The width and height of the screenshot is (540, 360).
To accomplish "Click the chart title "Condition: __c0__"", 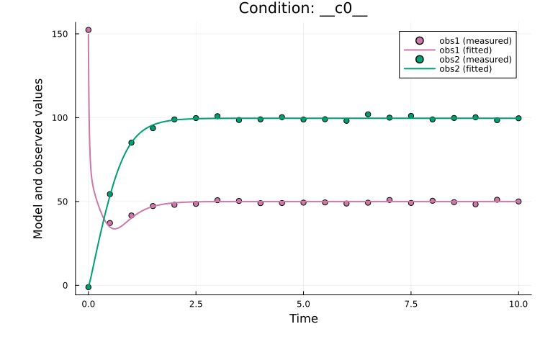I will pyautogui.click(x=303, y=9).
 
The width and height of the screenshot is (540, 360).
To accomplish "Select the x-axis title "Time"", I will pyautogui.click(x=303, y=318).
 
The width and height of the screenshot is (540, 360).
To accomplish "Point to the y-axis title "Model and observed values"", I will pyautogui.click(x=38, y=158).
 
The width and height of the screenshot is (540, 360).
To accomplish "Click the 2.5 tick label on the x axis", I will pyautogui.click(x=196, y=303).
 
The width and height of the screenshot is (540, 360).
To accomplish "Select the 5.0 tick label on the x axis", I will pyautogui.click(x=303, y=303).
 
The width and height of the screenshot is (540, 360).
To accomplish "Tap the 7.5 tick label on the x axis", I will pyautogui.click(x=410, y=303).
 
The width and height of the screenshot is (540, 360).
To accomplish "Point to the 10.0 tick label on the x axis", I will pyautogui.click(x=518, y=303).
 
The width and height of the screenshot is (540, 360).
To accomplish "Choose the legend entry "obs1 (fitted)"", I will pyautogui.click(x=465, y=50).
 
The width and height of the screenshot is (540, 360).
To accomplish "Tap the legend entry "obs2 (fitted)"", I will pyautogui.click(x=465, y=68).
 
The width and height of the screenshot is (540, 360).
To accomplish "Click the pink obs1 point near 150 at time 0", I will pyautogui.click(x=89, y=30).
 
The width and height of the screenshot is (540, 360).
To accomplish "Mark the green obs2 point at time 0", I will pyautogui.click(x=89, y=287).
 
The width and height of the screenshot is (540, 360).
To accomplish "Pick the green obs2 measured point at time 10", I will pyautogui.click(x=518, y=118).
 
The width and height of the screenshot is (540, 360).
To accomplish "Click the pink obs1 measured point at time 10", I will pyautogui.click(x=518, y=202).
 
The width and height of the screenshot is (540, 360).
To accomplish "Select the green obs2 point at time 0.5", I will pyautogui.click(x=109, y=194).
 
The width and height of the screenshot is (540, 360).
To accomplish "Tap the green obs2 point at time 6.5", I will pyautogui.click(x=368, y=114).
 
